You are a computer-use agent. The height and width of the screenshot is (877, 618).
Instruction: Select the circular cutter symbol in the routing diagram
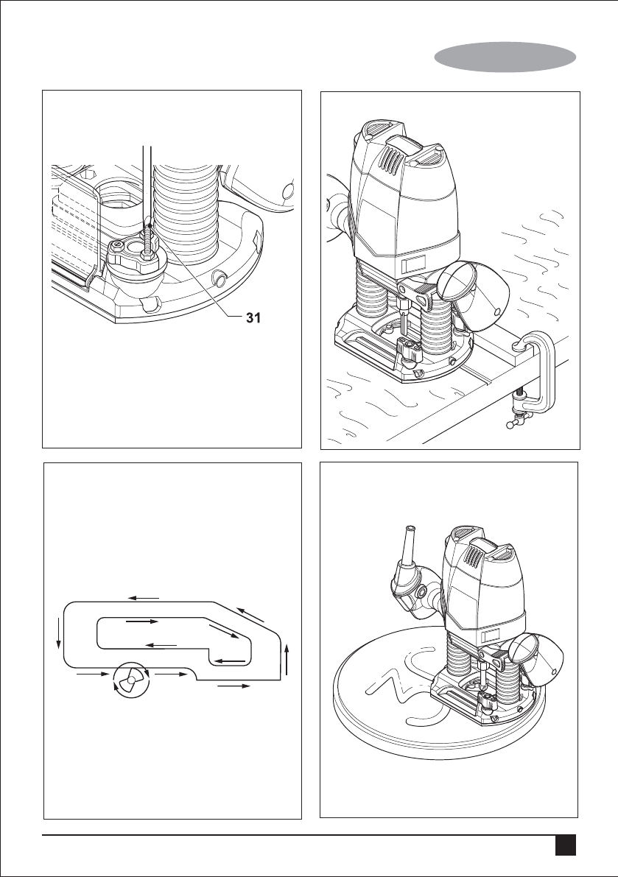[131, 681]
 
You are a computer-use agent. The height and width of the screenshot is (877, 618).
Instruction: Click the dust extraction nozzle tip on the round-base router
[409, 534]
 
